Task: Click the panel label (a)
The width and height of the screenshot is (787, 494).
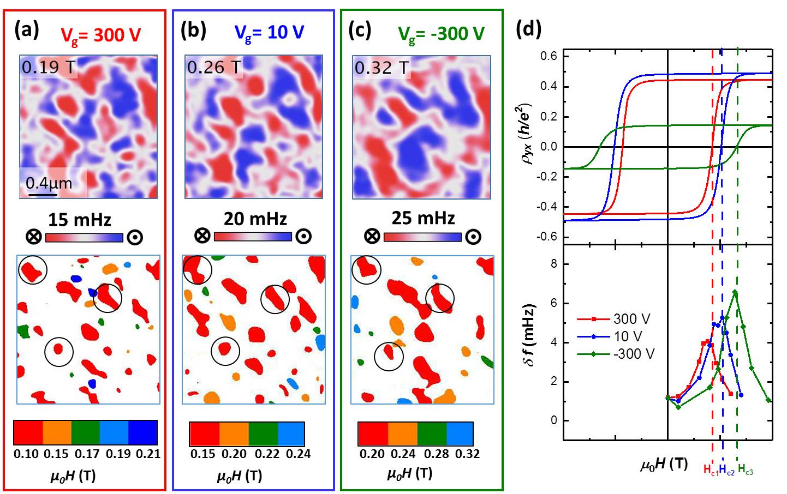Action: click(x=26, y=31)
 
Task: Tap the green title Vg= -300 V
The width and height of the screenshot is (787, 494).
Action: click(x=441, y=34)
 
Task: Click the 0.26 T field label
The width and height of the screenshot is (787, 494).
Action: click(x=214, y=67)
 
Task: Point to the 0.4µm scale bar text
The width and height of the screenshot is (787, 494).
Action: click(x=49, y=183)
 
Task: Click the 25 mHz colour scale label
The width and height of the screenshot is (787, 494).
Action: click(x=423, y=218)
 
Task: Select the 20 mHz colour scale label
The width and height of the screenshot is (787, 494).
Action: click(x=255, y=219)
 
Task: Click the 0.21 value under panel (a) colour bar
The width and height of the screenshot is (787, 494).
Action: click(x=148, y=454)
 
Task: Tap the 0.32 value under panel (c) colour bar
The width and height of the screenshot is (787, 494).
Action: click(x=468, y=454)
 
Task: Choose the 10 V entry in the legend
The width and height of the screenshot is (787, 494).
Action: click(x=628, y=336)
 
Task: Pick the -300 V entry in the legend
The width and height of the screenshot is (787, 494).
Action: click(x=634, y=354)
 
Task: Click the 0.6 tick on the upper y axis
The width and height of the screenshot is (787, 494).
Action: click(x=548, y=56)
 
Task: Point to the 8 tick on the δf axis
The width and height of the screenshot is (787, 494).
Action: click(x=553, y=264)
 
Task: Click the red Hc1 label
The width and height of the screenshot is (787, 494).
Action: click(x=710, y=469)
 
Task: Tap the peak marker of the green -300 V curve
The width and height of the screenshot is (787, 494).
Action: click(x=735, y=293)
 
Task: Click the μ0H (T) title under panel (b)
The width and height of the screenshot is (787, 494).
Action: click(x=240, y=476)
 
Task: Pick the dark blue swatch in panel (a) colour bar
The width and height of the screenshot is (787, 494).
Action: click(x=143, y=433)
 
